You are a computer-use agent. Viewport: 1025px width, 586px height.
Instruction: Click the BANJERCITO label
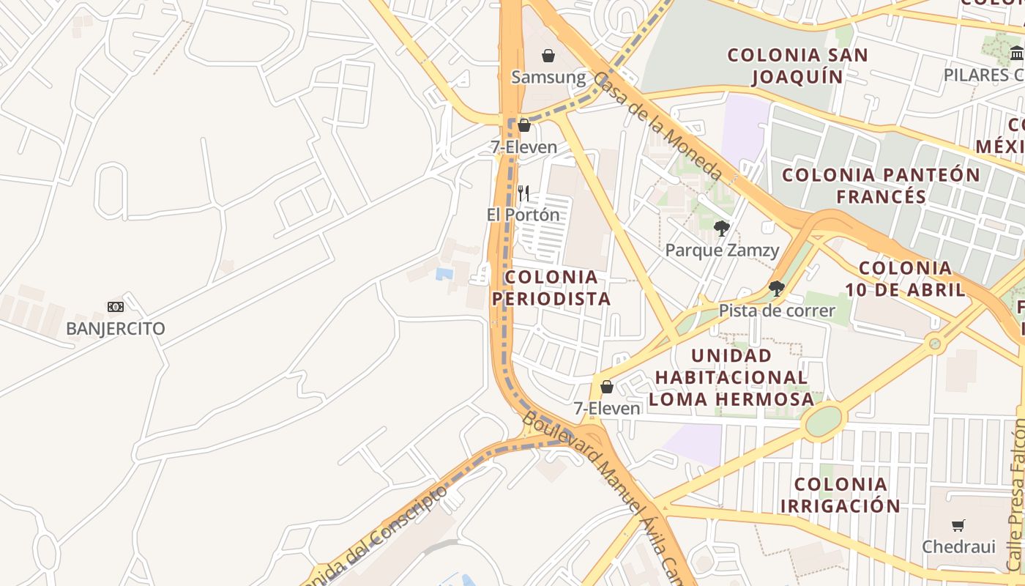[116, 328]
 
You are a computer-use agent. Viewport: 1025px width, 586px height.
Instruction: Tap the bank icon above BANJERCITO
[116, 307]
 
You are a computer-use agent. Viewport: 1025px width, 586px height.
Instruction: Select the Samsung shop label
[548, 77]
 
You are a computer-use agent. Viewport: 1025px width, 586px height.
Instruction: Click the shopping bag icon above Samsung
[548, 56]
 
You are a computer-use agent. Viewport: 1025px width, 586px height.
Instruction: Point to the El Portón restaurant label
[523, 215]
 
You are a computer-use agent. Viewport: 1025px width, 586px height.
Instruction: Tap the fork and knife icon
[523, 193]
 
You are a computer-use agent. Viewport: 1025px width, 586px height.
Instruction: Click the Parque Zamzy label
[722, 251]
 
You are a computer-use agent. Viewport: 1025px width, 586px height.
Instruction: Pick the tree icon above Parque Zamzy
[722, 229]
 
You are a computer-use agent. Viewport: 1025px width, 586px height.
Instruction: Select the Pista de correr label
[777, 311]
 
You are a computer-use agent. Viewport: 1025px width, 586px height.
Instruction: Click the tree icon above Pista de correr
[777, 289]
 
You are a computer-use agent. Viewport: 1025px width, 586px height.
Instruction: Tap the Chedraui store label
[958, 546]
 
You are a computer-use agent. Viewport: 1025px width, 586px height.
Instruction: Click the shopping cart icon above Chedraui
[958, 525]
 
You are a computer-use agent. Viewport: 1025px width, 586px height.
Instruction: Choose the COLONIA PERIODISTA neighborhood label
[551, 288]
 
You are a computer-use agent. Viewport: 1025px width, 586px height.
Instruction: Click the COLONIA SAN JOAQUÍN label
[797, 65]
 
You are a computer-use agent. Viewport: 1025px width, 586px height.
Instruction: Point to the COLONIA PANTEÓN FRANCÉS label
[881, 185]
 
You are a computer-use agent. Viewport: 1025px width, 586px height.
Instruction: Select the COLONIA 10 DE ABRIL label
[906, 278]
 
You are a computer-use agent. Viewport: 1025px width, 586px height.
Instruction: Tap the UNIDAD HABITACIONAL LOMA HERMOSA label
[731, 377]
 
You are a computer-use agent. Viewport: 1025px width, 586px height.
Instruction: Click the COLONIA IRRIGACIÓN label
[840, 494]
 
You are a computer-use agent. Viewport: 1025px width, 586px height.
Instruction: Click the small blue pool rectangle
[444, 274]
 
